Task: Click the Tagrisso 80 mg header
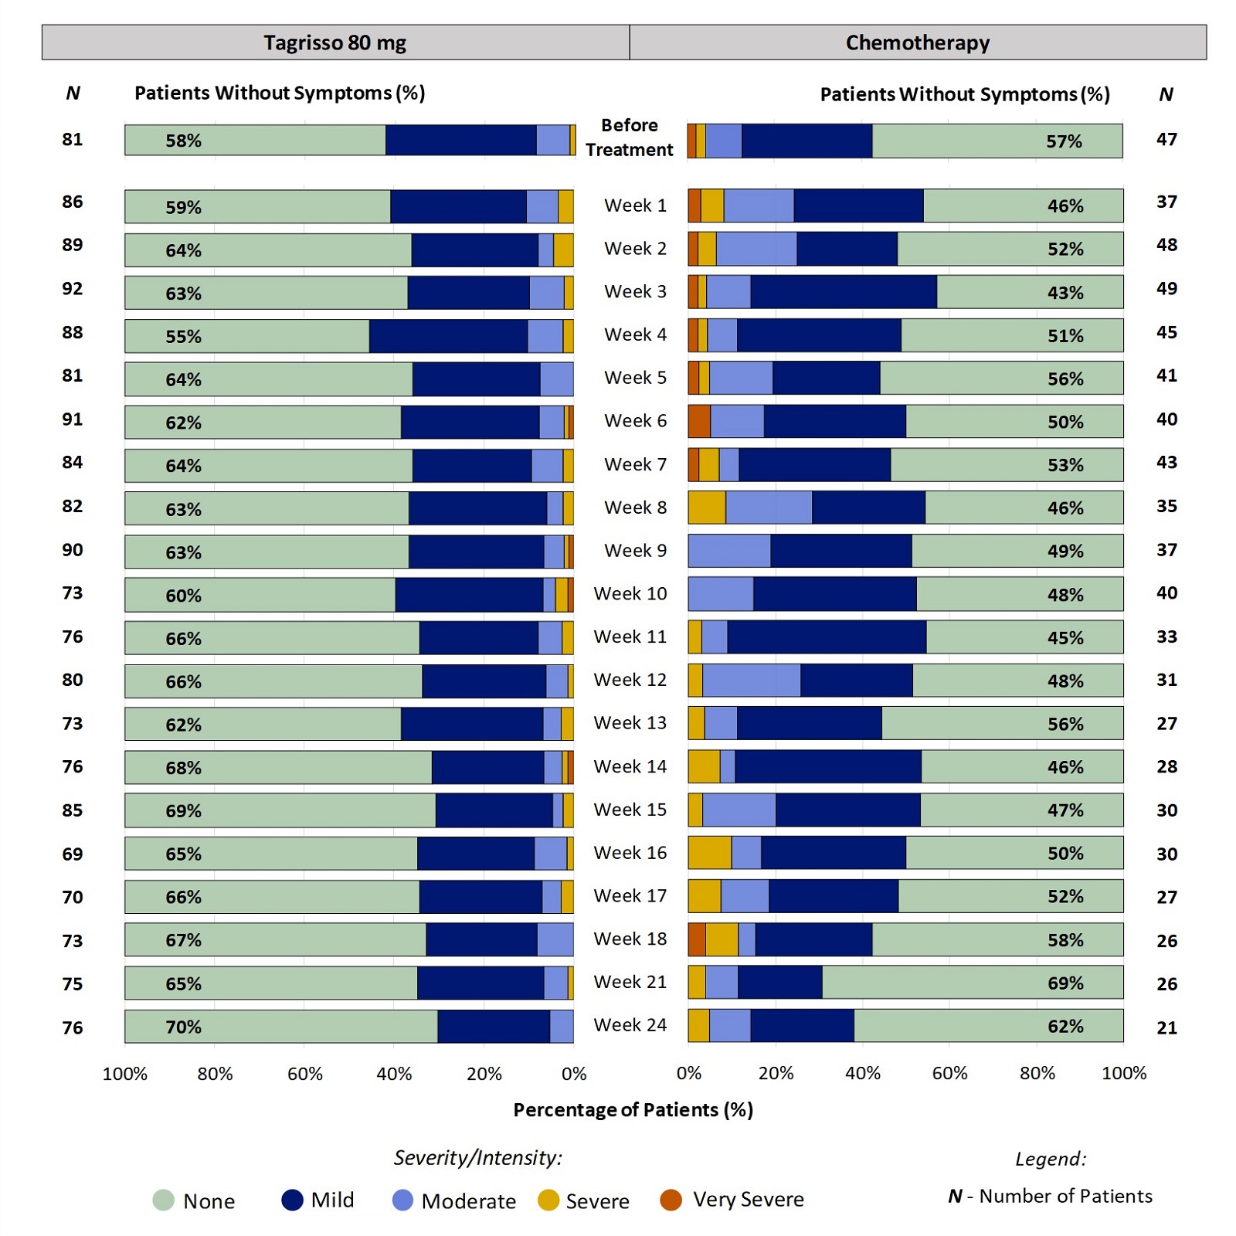[334, 42]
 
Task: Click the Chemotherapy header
[917, 42]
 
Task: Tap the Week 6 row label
[635, 421]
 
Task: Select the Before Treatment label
[630, 138]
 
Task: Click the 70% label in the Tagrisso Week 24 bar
[183, 1027]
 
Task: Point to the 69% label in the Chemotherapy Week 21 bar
[1065, 983]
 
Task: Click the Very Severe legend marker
[671, 1200]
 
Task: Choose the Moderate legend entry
[468, 1201]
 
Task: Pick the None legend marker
[164, 1200]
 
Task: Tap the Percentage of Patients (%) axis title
[633, 1110]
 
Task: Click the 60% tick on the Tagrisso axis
[304, 1074]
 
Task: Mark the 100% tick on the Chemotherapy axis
[1124, 1073]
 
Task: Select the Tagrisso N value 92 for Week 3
[73, 289]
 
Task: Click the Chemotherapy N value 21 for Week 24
[1166, 1027]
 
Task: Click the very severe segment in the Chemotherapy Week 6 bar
[699, 421]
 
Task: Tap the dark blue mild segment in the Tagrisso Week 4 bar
[448, 336]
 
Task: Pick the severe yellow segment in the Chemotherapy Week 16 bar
[709, 853]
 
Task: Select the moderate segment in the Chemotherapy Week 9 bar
[729, 551]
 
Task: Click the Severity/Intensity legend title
[477, 1157]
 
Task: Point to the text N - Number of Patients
[1050, 1196]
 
